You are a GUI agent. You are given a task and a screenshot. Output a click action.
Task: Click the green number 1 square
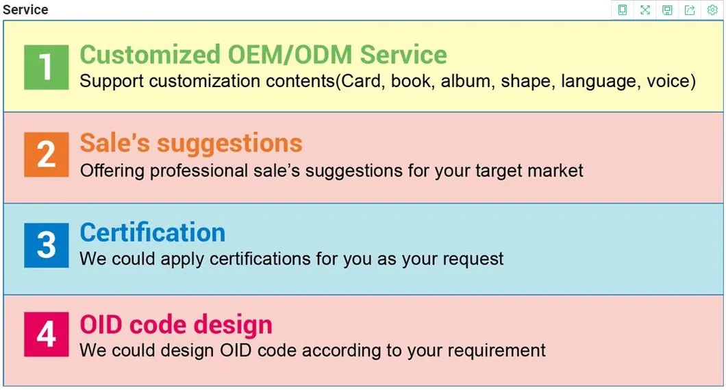tap(47, 67)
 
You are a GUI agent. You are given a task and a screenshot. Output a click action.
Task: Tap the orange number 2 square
tap(47, 154)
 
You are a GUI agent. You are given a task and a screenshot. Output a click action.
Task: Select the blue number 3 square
tap(47, 245)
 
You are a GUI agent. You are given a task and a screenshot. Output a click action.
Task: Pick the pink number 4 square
tap(47, 334)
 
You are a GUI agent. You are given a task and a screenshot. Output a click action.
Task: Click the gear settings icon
tap(712, 10)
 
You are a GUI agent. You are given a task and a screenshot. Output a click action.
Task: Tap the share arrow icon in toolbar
tap(690, 10)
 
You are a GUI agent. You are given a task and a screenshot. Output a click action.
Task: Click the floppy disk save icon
tap(667, 10)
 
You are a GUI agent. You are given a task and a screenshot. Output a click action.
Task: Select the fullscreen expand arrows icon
tap(645, 10)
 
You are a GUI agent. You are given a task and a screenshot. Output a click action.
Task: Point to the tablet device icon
tap(623, 10)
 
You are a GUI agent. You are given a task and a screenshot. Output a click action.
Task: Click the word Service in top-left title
tap(25, 10)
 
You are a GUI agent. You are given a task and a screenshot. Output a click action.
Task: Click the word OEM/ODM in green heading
tap(290, 55)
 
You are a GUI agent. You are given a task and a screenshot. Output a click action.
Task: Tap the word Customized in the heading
tap(150, 55)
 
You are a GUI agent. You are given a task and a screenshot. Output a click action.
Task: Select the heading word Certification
tap(153, 232)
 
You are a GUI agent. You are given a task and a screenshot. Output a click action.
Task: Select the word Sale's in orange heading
tap(115, 142)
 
